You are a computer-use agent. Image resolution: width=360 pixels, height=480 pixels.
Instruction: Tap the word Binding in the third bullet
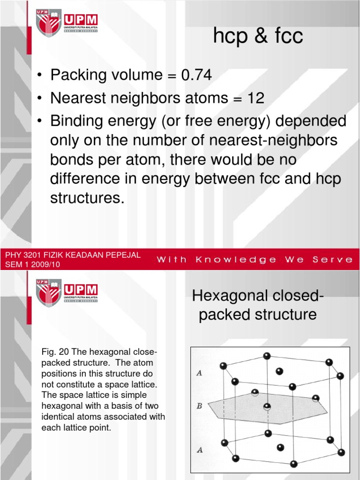coord(76,122)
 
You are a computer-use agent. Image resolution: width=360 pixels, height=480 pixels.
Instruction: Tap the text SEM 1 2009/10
coord(32,264)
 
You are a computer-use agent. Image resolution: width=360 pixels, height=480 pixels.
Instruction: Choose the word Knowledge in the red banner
coord(235,259)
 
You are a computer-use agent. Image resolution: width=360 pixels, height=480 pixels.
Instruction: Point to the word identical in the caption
coord(62,417)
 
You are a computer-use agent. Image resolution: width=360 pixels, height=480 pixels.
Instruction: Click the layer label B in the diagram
coord(199,406)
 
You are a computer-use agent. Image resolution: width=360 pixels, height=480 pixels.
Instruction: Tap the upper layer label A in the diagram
coord(199,374)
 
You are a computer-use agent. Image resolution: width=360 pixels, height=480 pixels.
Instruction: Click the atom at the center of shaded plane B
coord(267,406)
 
